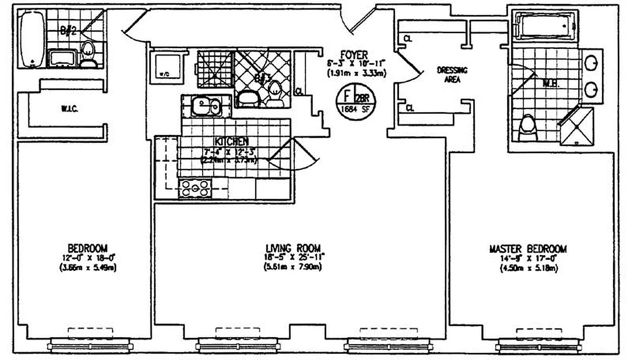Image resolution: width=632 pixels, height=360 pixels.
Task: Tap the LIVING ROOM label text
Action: pos(293,248)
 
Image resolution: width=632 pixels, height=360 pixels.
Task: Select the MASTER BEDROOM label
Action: pos(528,249)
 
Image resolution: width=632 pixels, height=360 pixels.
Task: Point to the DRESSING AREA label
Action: pos(452,75)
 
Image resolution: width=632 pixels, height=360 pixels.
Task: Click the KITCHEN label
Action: pos(225,141)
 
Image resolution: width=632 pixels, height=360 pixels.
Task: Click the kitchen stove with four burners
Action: pos(195,188)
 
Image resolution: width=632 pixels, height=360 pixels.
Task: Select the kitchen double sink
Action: pos(206,107)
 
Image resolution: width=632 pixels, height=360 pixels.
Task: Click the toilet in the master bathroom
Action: pos(527,128)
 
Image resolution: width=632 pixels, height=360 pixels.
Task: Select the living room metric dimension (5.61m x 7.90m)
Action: pos(293,266)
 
